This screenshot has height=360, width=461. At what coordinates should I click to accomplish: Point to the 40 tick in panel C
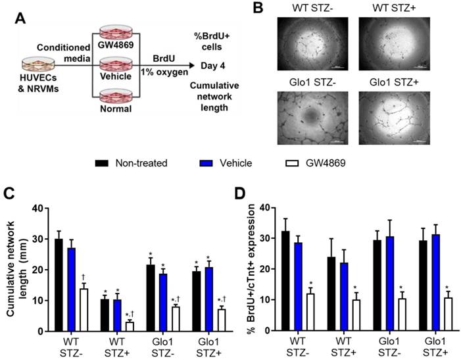(42, 209)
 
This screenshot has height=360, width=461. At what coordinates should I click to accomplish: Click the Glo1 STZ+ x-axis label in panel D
(433, 347)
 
